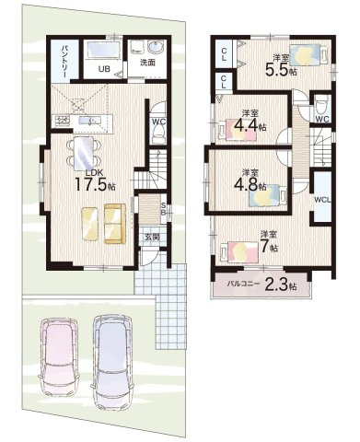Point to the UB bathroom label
coord(104,69)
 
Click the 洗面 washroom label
coord(147,63)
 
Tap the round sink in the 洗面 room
coord(157,48)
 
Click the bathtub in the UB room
coord(103,50)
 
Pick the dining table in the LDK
coord(84,153)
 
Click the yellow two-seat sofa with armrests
coord(115,224)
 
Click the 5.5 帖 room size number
coord(277,71)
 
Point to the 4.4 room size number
coord(246,125)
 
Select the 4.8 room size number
coord(246,184)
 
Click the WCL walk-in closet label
coord(322,200)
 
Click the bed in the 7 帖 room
coord(239,251)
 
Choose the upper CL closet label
coord(224,54)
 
